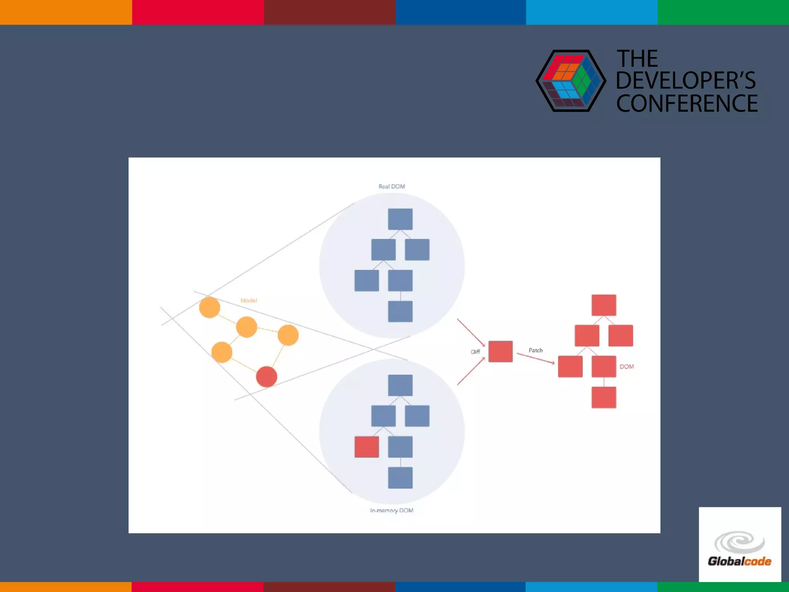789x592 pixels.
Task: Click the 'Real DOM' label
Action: tap(391, 187)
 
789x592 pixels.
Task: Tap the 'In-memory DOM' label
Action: tap(391, 510)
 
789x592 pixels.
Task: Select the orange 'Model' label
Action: tap(248, 301)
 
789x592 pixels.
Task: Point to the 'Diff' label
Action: tap(475, 351)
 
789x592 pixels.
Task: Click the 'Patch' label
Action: tap(536, 350)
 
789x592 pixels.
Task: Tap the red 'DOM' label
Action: tap(626, 367)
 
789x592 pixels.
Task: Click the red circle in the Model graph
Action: tap(267, 377)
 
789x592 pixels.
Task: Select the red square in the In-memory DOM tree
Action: tap(366, 447)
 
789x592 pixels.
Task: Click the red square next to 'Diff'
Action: tap(500, 351)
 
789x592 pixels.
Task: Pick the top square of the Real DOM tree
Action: tap(400, 219)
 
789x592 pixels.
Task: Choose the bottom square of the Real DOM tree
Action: tap(400, 311)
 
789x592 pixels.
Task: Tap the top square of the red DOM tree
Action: tap(604, 305)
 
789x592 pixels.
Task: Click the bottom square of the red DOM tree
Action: tap(604, 397)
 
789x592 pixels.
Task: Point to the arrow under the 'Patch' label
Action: tap(536, 358)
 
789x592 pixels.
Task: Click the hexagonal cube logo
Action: tap(571, 81)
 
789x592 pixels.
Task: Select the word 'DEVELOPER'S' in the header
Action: tap(686, 81)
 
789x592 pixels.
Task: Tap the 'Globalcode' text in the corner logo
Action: tap(739, 561)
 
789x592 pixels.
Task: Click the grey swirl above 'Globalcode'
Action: tap(739, 542)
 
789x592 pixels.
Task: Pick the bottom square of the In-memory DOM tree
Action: tap(400, 478)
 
